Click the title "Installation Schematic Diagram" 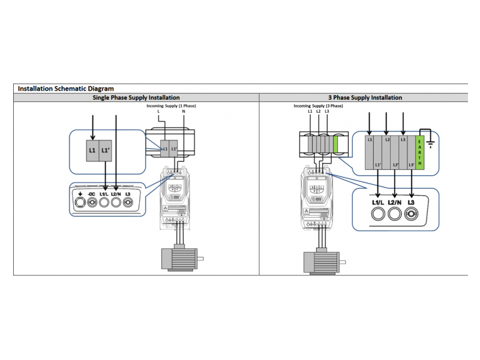coord(65,88)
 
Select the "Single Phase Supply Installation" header coord(136,97)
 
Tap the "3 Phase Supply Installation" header coord(365,97)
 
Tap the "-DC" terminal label coord(92,194)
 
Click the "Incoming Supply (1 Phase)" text coord(172,106)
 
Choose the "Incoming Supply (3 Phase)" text coord(318,106)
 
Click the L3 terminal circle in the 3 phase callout coord(411,215)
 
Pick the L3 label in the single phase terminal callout coord(128,194)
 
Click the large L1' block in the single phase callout coord(106,150)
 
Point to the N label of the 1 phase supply coord(184,112)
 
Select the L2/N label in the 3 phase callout coord(394,203)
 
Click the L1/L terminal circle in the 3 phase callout coord(378,215)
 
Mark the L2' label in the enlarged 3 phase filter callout coord(394,164)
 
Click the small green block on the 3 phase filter coord(336,146)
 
